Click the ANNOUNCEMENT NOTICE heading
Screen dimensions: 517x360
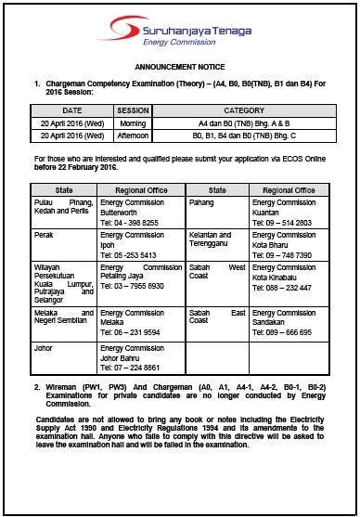tap(179, 69)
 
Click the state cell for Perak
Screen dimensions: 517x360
tap(42, 236)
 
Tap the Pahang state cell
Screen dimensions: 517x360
tap(201, 200)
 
